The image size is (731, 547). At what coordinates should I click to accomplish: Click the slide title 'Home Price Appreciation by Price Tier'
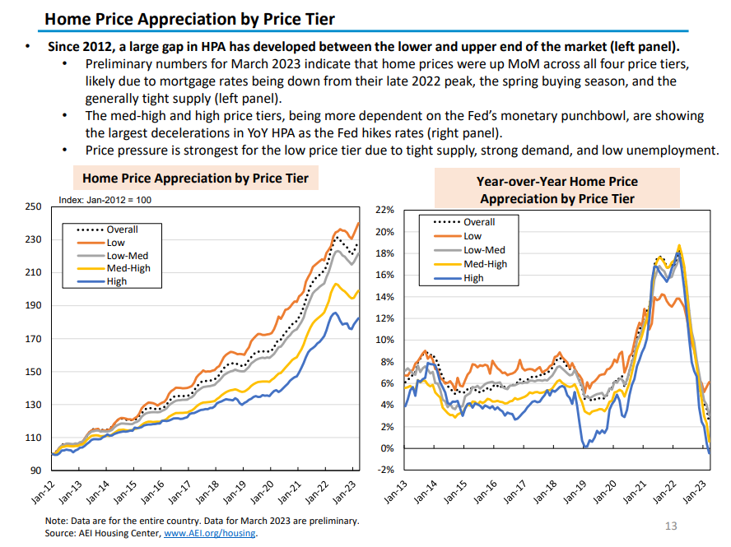pos(189,18)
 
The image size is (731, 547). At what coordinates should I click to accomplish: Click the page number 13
pos(670,526)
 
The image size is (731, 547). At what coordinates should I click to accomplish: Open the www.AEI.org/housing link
pos(210,533)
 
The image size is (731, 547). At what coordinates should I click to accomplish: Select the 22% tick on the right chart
pos(386,211)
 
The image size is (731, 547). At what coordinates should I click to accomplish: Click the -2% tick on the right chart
pos(387,470)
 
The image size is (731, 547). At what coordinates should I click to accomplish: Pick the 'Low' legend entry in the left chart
pos(115,243)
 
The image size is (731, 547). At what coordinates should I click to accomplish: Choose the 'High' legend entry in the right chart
pos(473,278)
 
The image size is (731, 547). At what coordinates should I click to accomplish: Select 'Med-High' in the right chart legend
pos(485,264)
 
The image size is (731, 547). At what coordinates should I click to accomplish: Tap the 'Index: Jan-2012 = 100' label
pos(105,200)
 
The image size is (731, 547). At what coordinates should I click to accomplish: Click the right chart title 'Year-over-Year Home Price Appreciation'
pos(556,190)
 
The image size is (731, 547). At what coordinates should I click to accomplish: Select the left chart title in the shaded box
pos(195,178)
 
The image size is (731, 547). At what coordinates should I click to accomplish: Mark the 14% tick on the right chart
pos(386,297)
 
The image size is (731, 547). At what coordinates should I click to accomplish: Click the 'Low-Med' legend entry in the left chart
pos(127,256)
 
